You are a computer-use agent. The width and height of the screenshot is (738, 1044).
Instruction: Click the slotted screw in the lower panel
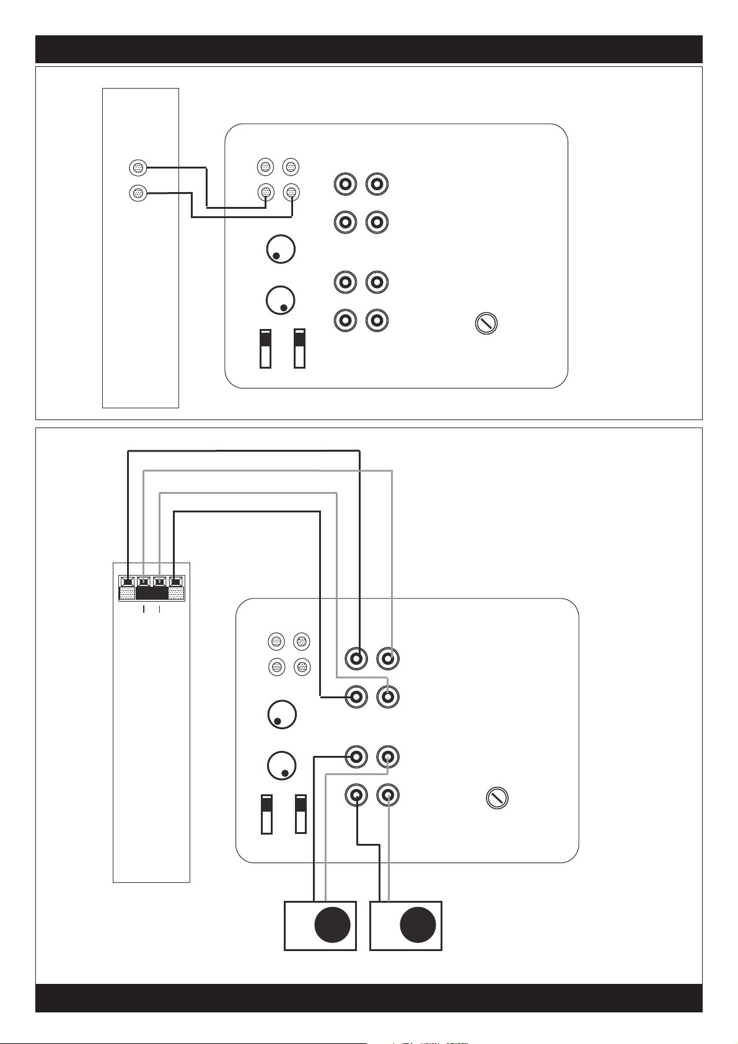pos(496,798)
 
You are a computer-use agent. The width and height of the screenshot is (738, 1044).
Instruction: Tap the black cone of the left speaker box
pos(332,926)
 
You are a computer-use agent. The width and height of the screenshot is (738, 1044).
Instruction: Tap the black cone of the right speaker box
pos(418,926)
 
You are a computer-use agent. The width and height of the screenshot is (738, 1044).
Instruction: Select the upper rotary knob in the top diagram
pos(280,250)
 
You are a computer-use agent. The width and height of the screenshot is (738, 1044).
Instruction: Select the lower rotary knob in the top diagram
pos(280,300)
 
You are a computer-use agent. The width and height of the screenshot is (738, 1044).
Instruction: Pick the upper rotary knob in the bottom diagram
pos(282,715)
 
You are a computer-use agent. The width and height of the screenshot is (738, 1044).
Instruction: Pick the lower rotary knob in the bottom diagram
pos(282,766)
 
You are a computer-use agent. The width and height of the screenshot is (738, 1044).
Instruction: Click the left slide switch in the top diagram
pos(265,349)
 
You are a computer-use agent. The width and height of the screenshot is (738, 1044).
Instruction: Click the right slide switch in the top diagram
pos(299,349)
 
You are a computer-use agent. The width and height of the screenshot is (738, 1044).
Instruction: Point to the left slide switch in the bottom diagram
pos(266,814)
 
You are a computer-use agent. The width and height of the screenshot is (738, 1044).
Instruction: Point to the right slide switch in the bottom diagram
pos(301,814)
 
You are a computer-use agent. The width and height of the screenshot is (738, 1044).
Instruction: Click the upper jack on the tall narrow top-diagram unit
pos(138,167)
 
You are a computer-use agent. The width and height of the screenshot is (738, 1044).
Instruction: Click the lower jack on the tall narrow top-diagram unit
pos(138,193)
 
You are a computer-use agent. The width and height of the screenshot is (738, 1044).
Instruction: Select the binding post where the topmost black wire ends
pos(356,658)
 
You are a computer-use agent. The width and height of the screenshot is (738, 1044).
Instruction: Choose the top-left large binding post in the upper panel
pos(345,184)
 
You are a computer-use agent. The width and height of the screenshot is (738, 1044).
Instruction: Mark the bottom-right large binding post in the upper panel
pos(377,320)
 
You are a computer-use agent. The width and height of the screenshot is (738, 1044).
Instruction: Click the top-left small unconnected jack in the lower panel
pos(276,641)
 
